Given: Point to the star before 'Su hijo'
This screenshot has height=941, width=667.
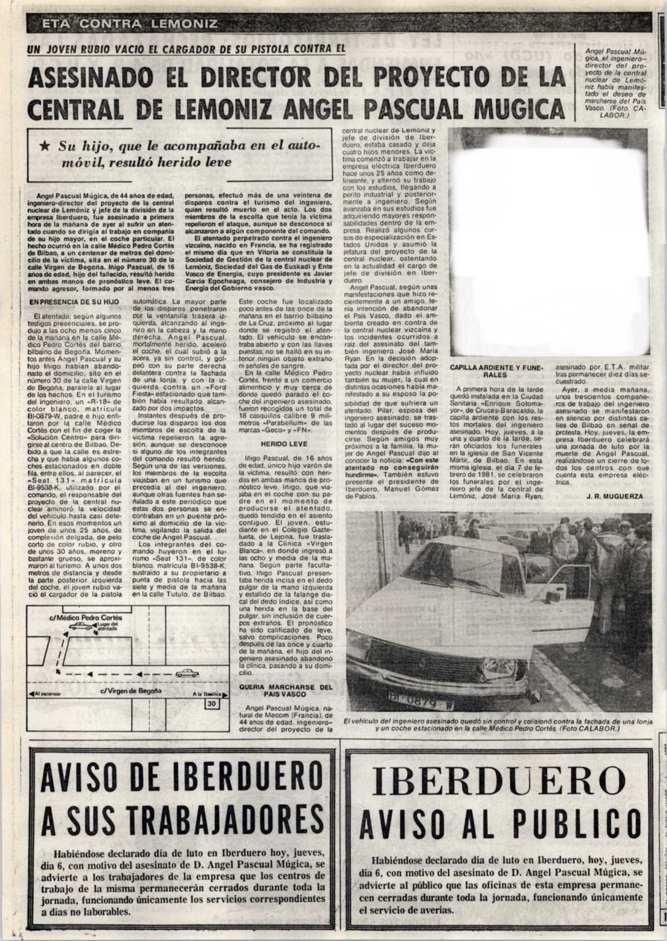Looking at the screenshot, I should (45, 146).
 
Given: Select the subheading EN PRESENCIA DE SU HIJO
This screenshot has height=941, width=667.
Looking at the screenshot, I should (74, 302).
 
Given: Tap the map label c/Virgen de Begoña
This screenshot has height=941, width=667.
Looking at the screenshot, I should (125, 693).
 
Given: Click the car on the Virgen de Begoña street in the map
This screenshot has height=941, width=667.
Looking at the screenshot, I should (188, 674).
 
